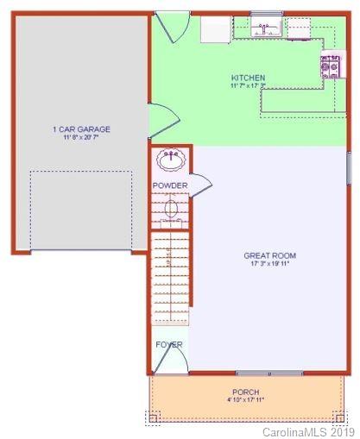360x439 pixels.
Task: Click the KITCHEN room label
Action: (248, 78)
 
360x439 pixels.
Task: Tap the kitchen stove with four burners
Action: (330, 66)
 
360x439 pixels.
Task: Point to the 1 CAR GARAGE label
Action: (81, 129)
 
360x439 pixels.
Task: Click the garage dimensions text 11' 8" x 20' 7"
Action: (81, 138)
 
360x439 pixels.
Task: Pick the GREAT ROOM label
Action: (269, 255)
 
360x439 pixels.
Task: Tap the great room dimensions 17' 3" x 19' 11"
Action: (269, 264)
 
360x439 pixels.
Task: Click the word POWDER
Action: (170, 185)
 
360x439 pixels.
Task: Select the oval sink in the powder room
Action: (171, 160)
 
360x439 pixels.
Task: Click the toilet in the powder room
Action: (171, 210)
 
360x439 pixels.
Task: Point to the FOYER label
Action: (169, 344)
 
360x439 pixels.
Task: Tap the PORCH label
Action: (245, 392)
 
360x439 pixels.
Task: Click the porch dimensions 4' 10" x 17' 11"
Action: (245, 400)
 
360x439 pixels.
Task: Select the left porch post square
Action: (153, 418)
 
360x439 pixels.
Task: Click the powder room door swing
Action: (200, 183)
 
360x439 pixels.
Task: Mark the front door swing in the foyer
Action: (169, 361)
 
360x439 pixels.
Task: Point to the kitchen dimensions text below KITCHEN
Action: (248, 86)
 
